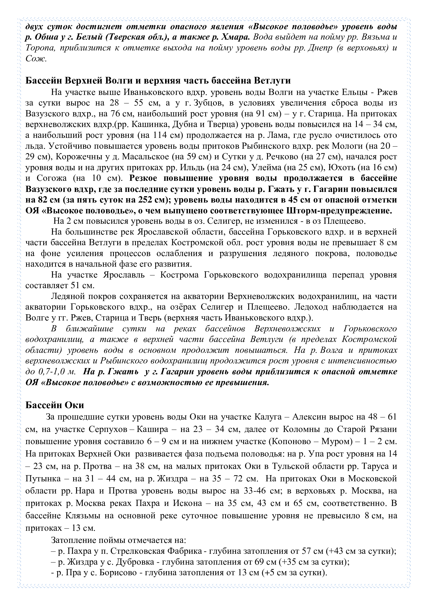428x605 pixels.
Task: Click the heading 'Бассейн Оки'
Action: [55, 405]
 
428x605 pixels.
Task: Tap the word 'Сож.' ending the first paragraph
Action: [36, 58]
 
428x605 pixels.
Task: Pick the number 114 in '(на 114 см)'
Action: [159, 135]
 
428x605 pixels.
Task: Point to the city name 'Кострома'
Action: [180, 275]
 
